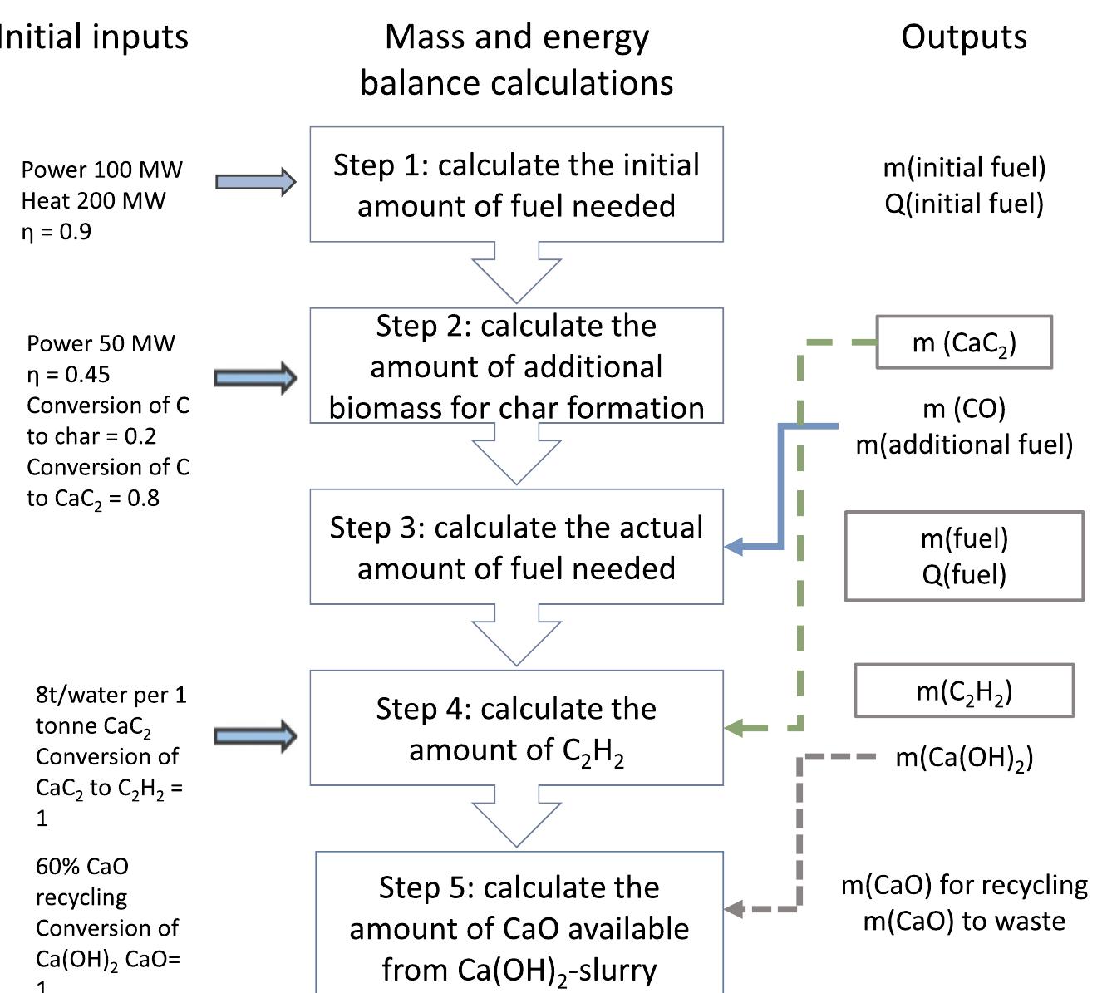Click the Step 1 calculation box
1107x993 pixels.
point(516,184)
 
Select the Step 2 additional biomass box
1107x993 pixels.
point(516,366)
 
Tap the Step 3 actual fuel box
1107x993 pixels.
point(516,547)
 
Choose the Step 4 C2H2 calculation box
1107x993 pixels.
point(516,728)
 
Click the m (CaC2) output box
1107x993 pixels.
point(964,342)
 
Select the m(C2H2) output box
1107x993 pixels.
point(964,691)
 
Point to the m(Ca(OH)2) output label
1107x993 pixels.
point(964,758)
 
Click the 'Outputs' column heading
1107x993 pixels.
point(964,37)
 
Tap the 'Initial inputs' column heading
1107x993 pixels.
point(93,37)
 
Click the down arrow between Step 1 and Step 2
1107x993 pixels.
point(516,274)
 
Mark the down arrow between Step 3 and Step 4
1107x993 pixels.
point(516,637)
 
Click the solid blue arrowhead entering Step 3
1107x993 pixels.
point(735,547)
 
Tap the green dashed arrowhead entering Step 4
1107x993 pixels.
point(735,729)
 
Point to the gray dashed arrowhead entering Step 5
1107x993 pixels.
point(735,909)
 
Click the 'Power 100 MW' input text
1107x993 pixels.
point(101,170)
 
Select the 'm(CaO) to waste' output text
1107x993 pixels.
point(964,922)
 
